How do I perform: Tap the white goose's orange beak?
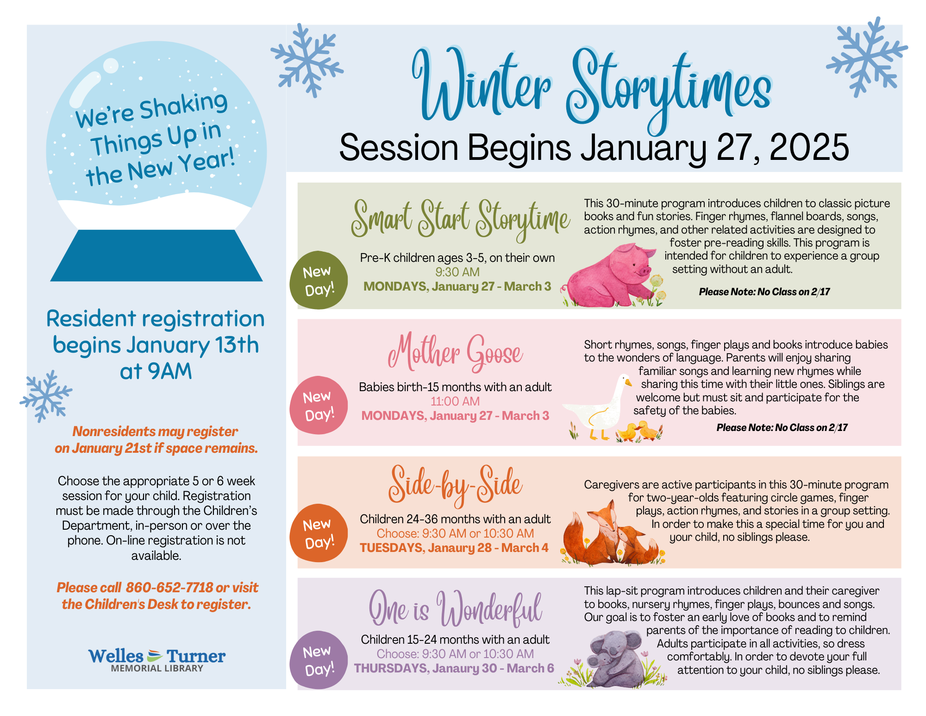pyautogui.click(x=628, y=383)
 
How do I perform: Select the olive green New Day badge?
pyautogui.click(x=318, y=280)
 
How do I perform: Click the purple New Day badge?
pyautogui.click(x=318, y=660)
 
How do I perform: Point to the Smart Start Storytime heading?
pyautogui.click(x=460, y=219)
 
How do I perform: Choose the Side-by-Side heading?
pyautogui.click(x=455, y=484)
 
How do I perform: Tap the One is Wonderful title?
pyautogui.click(x=455, y=609)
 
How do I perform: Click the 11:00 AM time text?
pyautogui.click(x=455, y=401)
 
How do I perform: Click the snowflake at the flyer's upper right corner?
pyautogui.click(x=866, y=57)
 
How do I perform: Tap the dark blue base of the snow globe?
pyautogui.click(x=156, y=256)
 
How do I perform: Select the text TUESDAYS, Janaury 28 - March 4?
pyautogui.click(x=454, y=548)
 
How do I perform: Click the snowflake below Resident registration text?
pyautogui.click(x=46, y=396)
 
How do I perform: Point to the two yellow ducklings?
pyautogui.click(x=638, y=431)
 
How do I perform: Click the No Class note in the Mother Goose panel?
pyautogui.click(x=782, y=428)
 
